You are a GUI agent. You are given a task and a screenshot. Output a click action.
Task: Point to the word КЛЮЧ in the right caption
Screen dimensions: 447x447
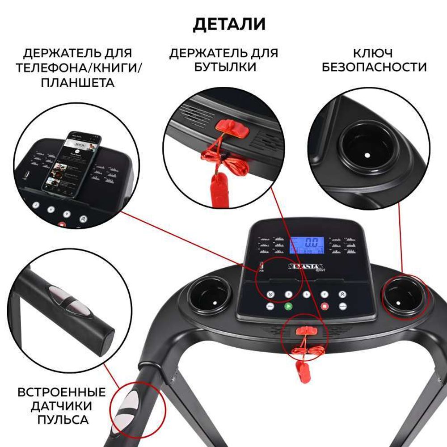point(373,53)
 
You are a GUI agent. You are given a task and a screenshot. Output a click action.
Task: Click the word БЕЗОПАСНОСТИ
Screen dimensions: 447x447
point(374,67)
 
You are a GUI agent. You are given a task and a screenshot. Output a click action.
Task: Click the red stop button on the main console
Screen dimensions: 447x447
point(325,307)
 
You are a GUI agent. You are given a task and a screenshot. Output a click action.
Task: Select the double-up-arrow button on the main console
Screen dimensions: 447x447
point(342,295)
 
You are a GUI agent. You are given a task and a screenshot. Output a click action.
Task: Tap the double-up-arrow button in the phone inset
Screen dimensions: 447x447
point(83,219)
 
